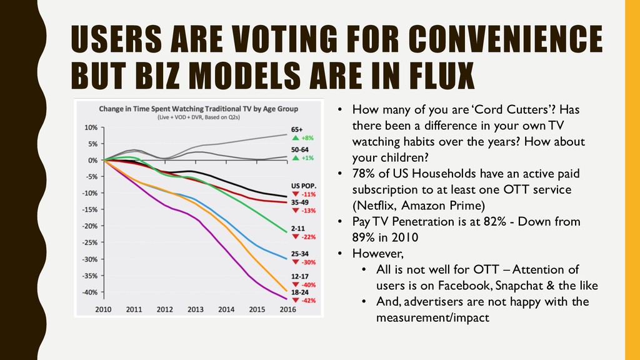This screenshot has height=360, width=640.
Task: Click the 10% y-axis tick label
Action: pos(89,127)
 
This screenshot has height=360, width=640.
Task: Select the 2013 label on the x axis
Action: pos(195,309)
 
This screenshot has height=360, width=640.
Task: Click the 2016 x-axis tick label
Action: pos(287,309)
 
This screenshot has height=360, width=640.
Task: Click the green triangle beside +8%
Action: pos(295,137)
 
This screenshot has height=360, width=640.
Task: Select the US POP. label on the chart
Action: pos(303,186)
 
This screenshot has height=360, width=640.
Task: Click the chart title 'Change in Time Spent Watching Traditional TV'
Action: pos(199,107)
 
